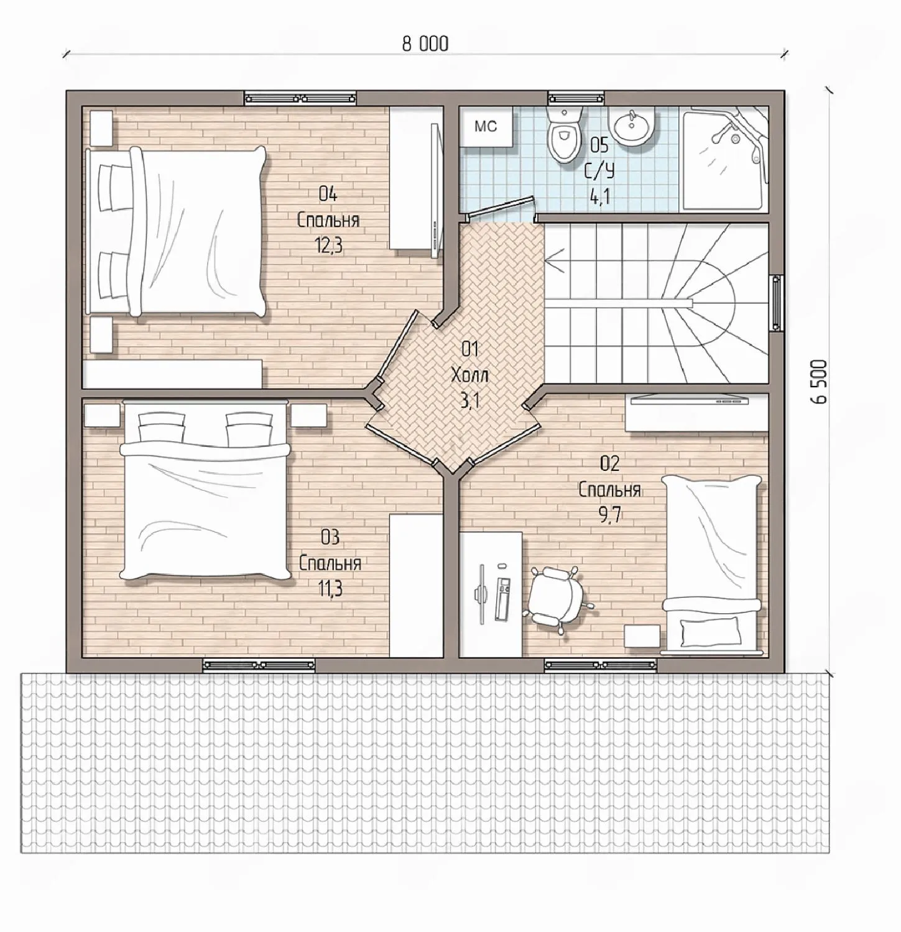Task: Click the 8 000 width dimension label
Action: click(425, 43)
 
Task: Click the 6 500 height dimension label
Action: click(820, 381)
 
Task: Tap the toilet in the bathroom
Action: click(565, 134)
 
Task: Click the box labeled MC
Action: click(486, 127)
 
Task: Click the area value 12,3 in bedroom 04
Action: click(329, 246)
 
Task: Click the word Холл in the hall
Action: click(469, 375)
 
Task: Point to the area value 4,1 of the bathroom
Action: click(599, 197)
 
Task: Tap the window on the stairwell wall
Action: click(777, 304)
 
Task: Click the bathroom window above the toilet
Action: click(576, 98)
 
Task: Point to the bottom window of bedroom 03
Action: click(259, 665)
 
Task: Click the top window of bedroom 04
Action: click(301, 98)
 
